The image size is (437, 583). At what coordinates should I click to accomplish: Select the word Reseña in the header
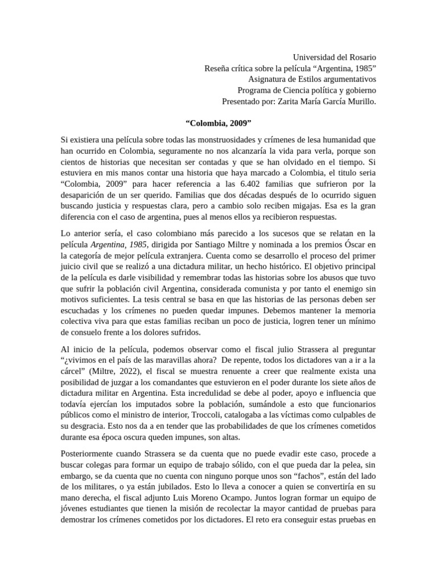[x=218, y=68]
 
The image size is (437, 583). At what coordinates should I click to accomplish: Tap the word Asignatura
[x=269, y=79]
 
